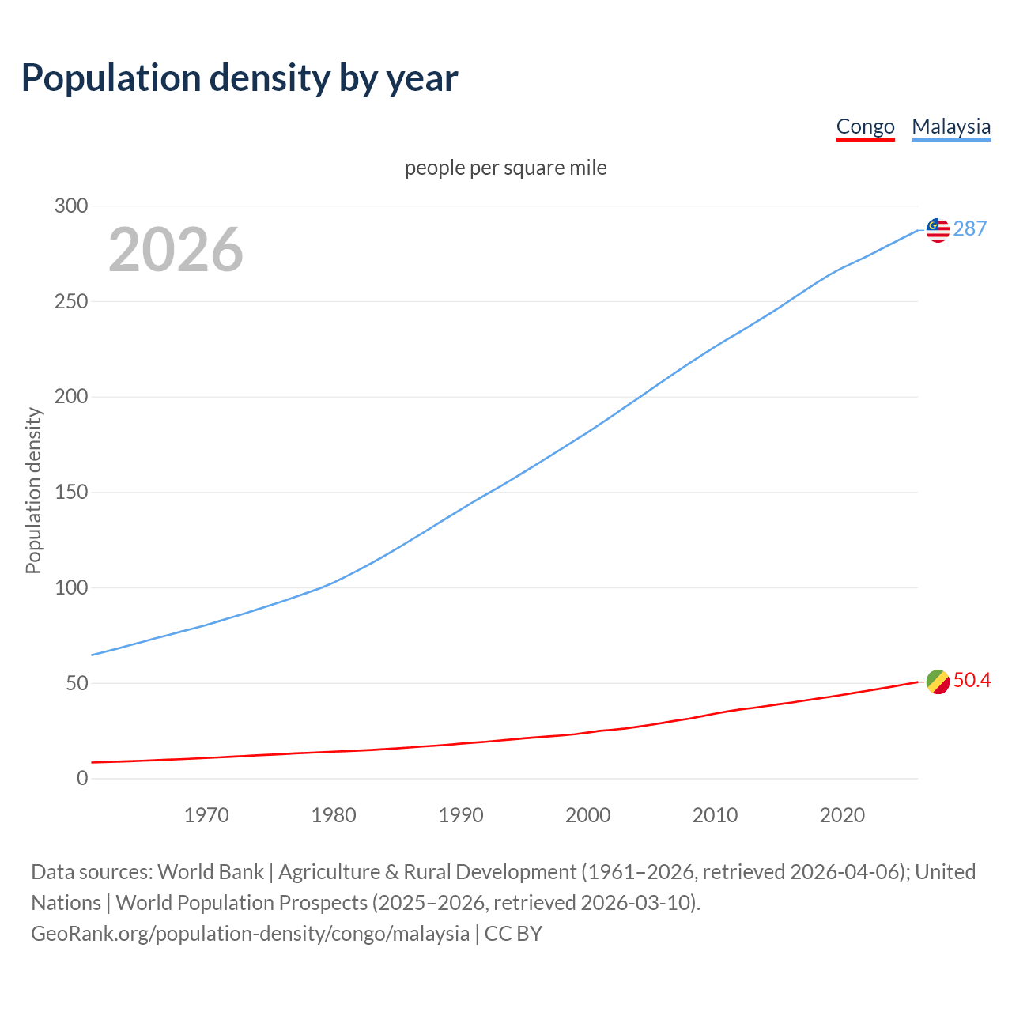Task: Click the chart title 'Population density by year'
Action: [240, 78]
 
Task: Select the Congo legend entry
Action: [865, 126]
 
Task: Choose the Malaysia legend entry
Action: [951, 126]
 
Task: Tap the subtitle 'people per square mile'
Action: [505, 168]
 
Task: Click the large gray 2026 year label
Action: [176, 250]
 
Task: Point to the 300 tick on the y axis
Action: [71, 206]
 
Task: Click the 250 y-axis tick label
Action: [71, 302]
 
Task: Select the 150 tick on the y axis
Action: [71, 493]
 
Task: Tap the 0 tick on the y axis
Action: [82, 779]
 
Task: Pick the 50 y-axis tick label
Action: [77, 683]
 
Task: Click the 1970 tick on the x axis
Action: [206, 815]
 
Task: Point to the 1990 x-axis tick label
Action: [461, 815]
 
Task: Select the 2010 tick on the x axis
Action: [715, 815]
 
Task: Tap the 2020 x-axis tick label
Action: [842, 815]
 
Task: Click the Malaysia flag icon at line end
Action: [938, 230]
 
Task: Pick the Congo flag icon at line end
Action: [938, 682]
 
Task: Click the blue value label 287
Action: [970, 229]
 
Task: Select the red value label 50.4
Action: [972, 681]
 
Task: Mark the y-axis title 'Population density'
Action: [33, 490]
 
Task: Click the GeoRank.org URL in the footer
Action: [250, 934]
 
